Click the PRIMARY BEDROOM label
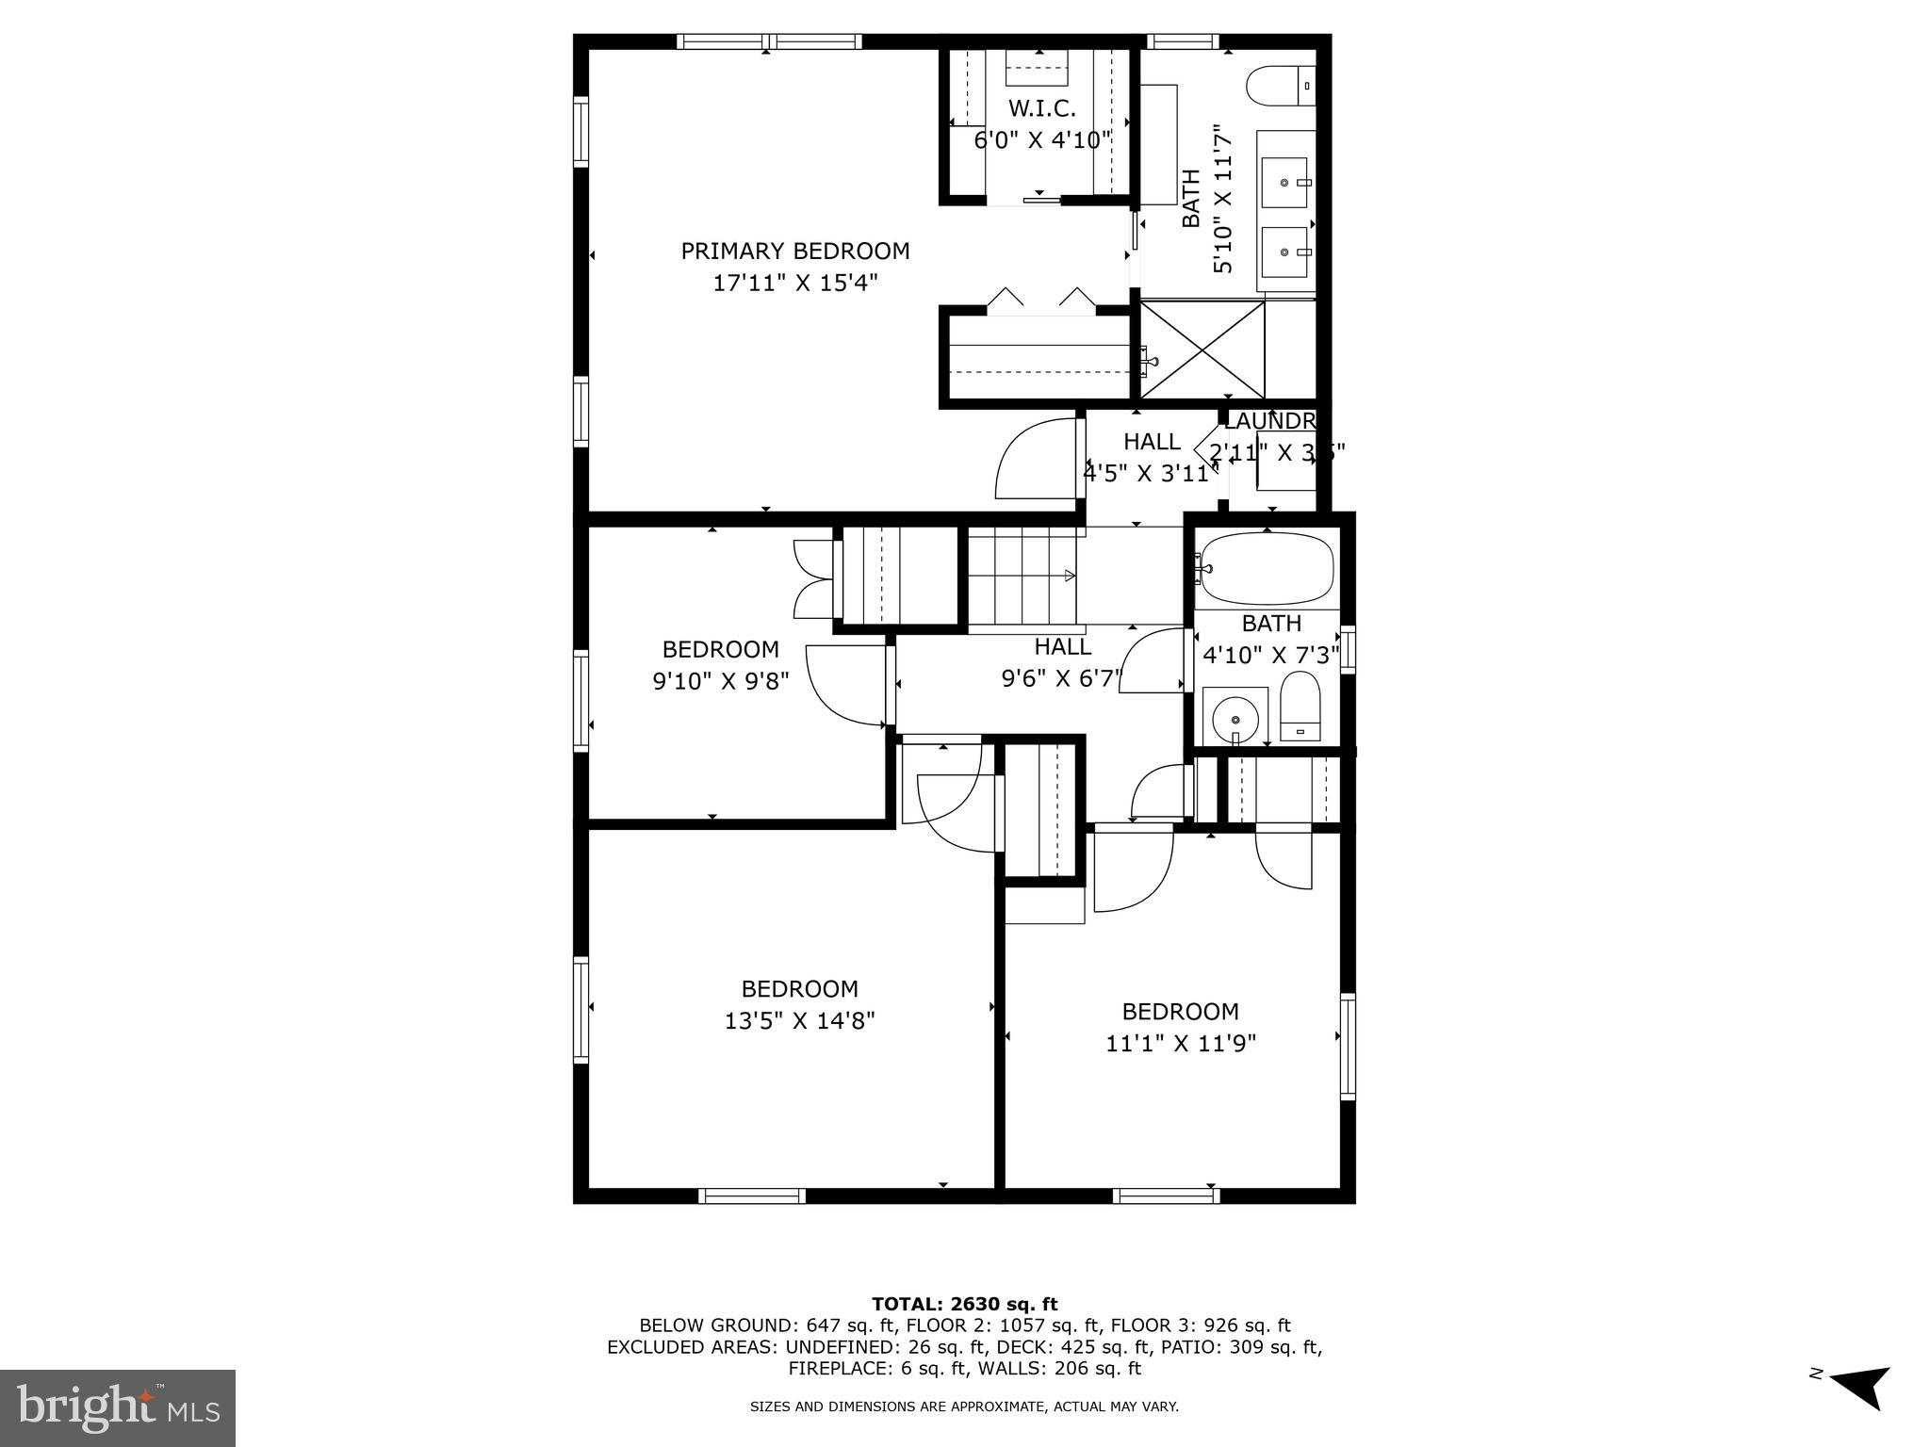tap(795, 252)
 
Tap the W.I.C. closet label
tap(1041, 108)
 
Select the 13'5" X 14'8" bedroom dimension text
tap(799, 1021)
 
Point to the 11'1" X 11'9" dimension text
tap(1180, 1044)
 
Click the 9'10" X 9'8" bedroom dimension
tap(721, 680)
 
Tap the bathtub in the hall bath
tap(1267, 570)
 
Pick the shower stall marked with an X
tap(1202, 350)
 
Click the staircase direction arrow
tap(1070, 576)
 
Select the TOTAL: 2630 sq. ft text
tap(964, 1305)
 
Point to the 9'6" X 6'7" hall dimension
tap(1062, 678)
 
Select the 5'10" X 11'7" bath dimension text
tap(1222, 199)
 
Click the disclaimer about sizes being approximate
tap(964, 1406)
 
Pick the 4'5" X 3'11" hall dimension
tap(1151, 473)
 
